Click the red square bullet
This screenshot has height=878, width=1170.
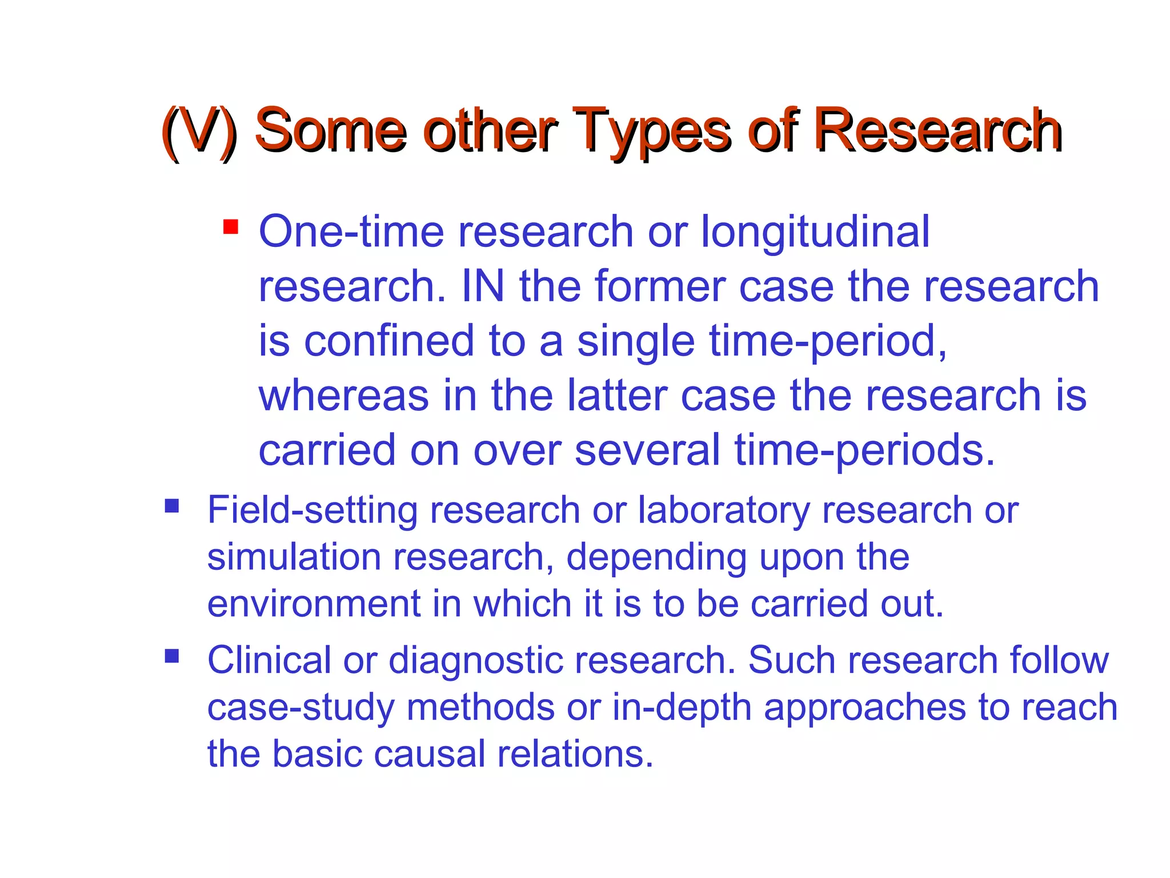click(x=231, y=227)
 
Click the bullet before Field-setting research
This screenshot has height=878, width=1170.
click(x=172, y=506)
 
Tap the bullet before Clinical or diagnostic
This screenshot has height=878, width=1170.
click(x=172, y=655)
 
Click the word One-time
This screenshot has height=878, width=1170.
click(x=351, y=232)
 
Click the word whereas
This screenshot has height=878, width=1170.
click(x=343, y=396)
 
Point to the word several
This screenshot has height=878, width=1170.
click(x=647, y=450)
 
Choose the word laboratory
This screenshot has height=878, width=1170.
click(x=723, y=510)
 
